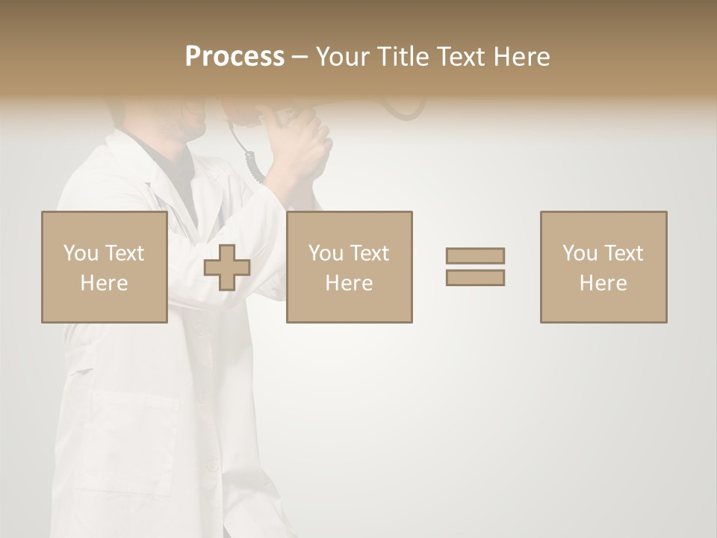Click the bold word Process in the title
(x=235, y=57)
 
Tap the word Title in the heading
(x=403, y=57)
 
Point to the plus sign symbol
(x=227, y=268)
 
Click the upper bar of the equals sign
(x=475, y=256)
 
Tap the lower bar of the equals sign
(x=475, y=277)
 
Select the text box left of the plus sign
(x=104, y=268)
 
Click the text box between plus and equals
(x=349, y=268)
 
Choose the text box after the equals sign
(x=603, y=268)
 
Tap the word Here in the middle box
(x=349, y=283)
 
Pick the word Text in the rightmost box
(x=622, y=253)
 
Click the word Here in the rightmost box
(x=603, y=283)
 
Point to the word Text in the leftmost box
(x=124, y=253)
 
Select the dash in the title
(x=299, y=58)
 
